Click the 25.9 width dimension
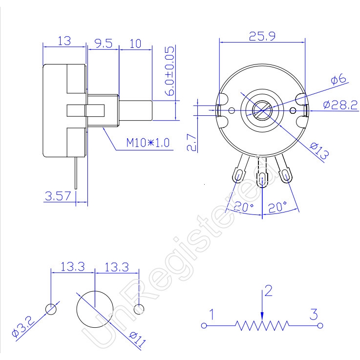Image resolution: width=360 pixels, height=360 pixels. [x=262, y=36]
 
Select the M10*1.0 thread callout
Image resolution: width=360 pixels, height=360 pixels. [x=148, y=143]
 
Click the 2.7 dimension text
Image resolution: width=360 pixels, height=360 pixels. [x=192, y=142]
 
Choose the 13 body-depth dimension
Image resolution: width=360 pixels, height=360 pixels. [x=64, y=41]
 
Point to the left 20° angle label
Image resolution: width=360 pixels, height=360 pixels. [x=244, y=207]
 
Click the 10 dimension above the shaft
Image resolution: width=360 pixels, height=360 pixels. [x=135, y=43]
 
